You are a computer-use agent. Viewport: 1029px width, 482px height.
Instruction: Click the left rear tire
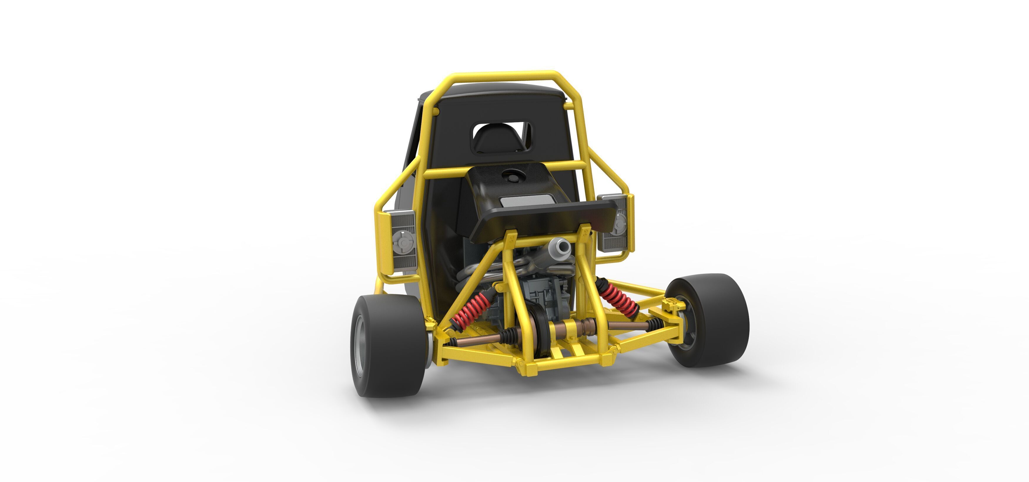click(x=394, y=345)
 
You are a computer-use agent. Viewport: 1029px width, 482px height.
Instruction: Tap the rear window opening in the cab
click(x=502, y=137)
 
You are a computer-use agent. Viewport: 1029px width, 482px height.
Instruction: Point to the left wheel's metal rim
click(x=359, y=345)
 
